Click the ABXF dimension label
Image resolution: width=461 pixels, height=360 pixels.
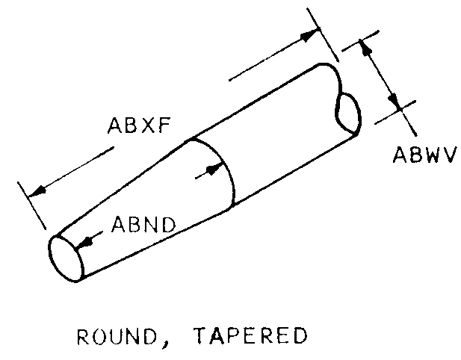click(x=139, y=125)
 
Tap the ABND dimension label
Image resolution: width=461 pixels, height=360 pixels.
click(x=143, y=225)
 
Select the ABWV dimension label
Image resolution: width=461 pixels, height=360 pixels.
click(x=425, y=155)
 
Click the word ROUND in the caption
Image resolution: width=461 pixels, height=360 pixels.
click(x=117, y=336)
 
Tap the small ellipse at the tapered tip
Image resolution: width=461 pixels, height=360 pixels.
click(x=66, y=258)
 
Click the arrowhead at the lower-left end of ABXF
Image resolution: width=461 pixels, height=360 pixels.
click(x=37, y=191)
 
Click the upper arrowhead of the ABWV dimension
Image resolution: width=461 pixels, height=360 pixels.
click(x=365, y=49)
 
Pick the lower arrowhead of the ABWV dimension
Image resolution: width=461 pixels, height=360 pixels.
click(x=395, y=102)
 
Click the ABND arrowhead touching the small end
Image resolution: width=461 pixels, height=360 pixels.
click(x=84, y=241)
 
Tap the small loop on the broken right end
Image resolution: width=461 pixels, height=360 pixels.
click(x=348, y=112)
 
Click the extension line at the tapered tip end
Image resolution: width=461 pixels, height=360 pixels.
click(x=31, y=205)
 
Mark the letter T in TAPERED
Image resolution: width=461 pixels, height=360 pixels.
click(x=202, y=335)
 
